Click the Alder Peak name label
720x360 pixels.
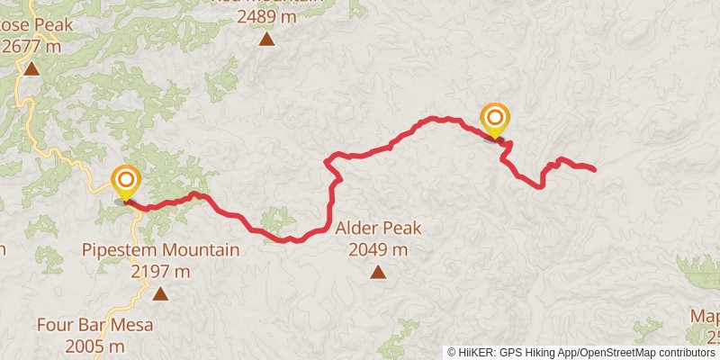click(378, 229)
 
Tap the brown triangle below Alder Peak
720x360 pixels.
click(378, 272)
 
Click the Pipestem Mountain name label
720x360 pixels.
click(160, 249)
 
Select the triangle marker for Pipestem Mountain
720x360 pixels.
click(160, 292)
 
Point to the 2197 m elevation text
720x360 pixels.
click(160, 269)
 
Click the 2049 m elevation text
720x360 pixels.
click(378, 248)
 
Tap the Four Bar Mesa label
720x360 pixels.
click(94, 325)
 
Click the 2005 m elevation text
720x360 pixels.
click(94, 345)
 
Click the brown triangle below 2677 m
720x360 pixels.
click(31, 68)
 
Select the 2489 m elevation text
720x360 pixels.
click(266, 16)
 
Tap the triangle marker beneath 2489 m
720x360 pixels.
click(266, 39)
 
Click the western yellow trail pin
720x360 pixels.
click(125, 182)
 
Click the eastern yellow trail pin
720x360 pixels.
click(495, 120)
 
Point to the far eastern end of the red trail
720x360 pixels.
click(594, 169)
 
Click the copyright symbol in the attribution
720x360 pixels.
click(453, 352)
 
